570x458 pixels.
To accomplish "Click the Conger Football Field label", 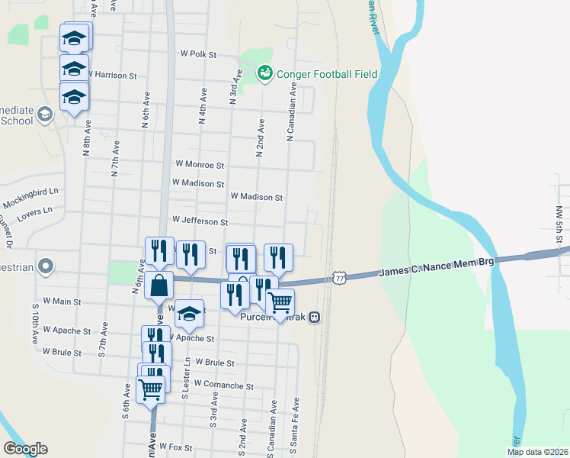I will [328, 74].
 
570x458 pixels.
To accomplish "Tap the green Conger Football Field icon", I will [265, 73].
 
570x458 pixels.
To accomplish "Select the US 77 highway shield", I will [339, 278].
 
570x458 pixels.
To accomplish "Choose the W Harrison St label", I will [112, 76].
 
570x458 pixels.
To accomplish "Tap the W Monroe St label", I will [200, 164].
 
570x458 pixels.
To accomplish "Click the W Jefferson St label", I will [200, 221].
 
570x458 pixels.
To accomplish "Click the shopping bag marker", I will [159, 288].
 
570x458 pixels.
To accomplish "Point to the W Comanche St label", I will [223, 385].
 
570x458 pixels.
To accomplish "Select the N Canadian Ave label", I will [290, 111].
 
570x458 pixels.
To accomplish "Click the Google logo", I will [25, 449].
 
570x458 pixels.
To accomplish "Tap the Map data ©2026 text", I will [536, 452].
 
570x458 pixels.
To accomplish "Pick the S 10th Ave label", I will [35, 325].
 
